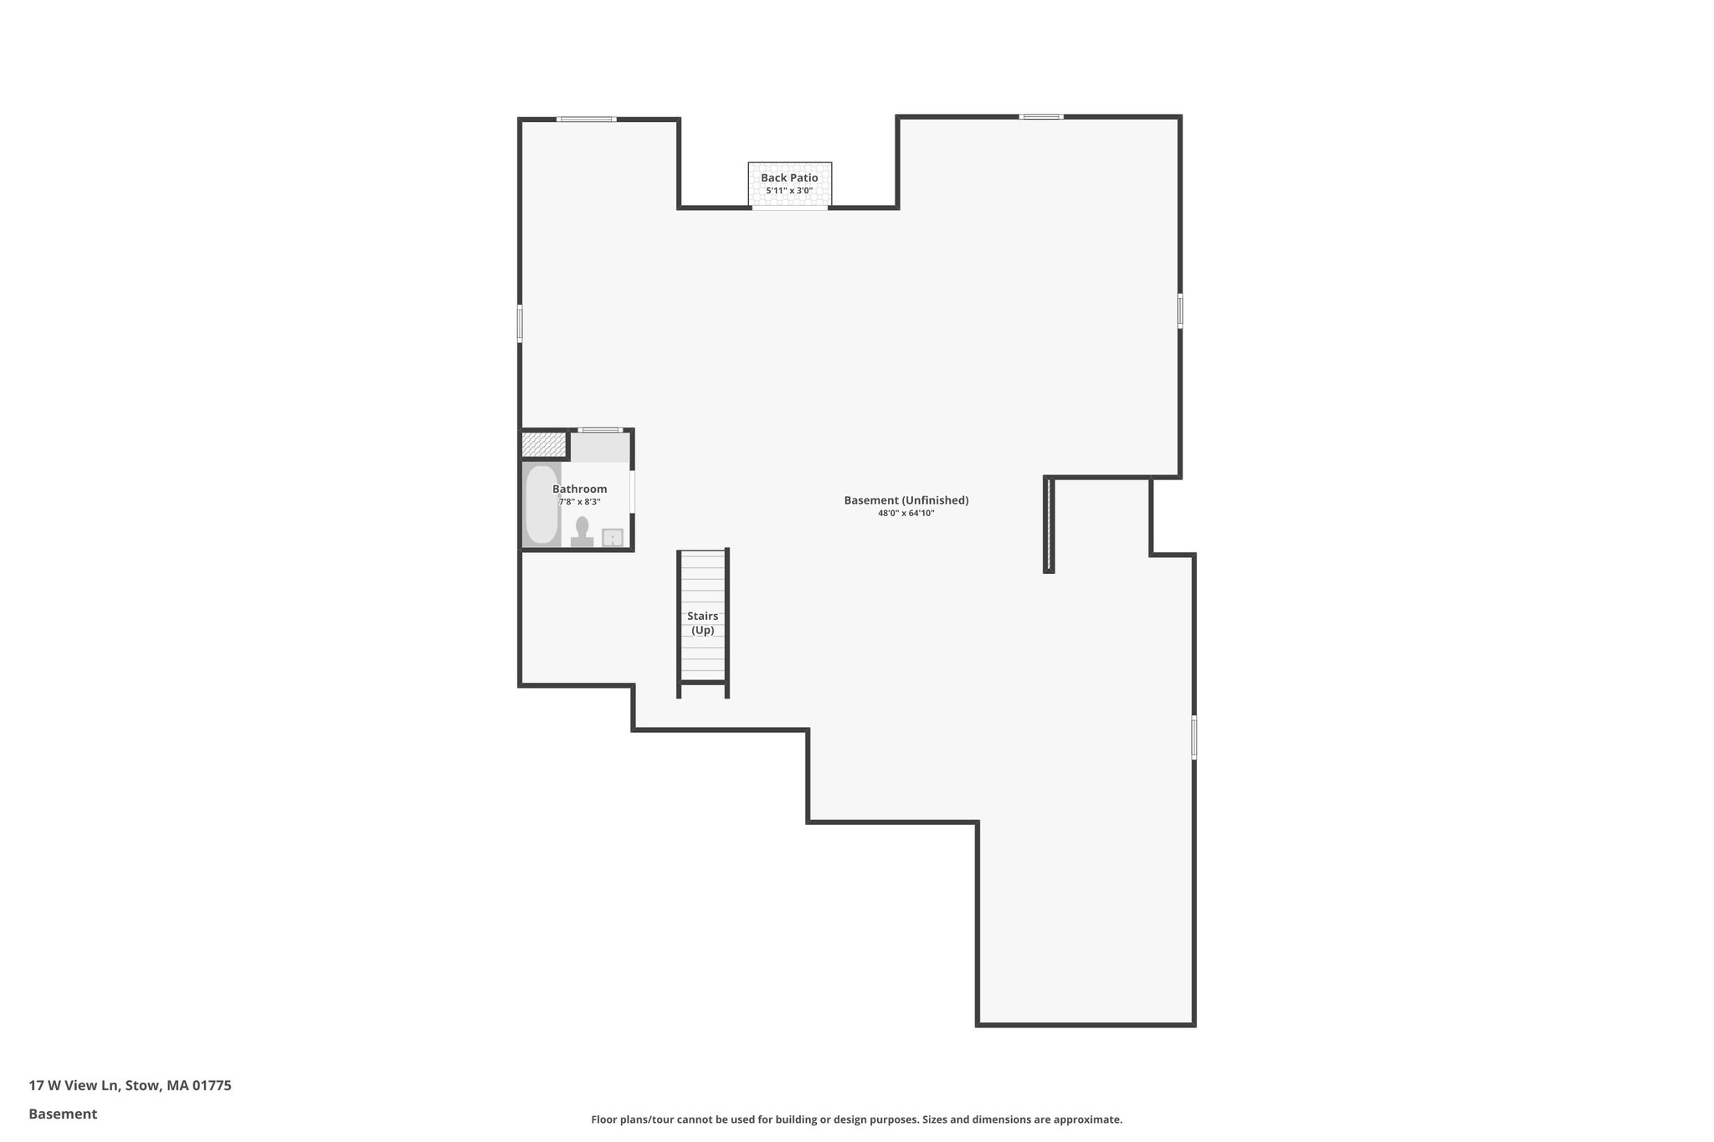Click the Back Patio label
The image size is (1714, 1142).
[789, 178]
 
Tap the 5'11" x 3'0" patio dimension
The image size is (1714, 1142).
[789, 191]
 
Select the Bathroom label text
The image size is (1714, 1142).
[579, 489]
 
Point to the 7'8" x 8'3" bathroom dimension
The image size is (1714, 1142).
[579, 502]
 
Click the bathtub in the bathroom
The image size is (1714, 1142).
[541, 504]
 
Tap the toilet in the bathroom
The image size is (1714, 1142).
[582, 530]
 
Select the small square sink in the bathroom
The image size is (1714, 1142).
[613, 537]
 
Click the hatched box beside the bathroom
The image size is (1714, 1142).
[544, 444]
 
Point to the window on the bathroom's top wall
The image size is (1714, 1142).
[600, 430]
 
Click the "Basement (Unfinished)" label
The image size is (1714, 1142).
[906, 500]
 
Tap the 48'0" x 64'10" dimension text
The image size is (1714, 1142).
[906, 514]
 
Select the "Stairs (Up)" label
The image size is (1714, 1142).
[703, 623]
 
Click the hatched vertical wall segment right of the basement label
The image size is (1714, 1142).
[1049, 525]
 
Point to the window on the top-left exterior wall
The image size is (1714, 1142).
[587, 120]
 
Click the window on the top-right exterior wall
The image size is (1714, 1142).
[1041, 116]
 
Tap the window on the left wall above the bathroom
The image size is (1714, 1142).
[520, 323]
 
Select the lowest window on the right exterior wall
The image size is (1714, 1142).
[1194, 737]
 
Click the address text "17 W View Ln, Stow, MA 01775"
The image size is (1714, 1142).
[130, 1086]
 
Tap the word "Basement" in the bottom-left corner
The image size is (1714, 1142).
[63, 1114]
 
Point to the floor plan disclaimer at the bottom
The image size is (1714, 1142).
[856, 1119]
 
